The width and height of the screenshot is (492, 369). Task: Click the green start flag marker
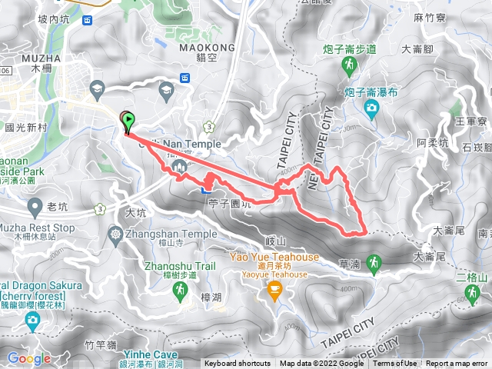(x=128, y=121)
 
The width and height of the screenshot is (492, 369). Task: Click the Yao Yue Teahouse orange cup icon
(x=273, y=289)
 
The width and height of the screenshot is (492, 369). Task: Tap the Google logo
(x=29, y=358)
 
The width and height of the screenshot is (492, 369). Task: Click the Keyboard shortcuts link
(x=237, y=364)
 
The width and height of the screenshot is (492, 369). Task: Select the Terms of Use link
(x=395, y=364)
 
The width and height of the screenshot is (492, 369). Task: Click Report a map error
(x=458, y=364)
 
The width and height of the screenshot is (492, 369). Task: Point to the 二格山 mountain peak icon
(x=471, y=293)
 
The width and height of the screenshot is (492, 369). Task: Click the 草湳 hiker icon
(x=372, y=263)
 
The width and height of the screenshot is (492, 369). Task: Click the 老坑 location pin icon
(x=35, y=206)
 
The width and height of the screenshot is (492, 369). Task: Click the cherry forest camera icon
(x=32, y=319)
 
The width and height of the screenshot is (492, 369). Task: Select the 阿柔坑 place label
(x=432, y=142)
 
